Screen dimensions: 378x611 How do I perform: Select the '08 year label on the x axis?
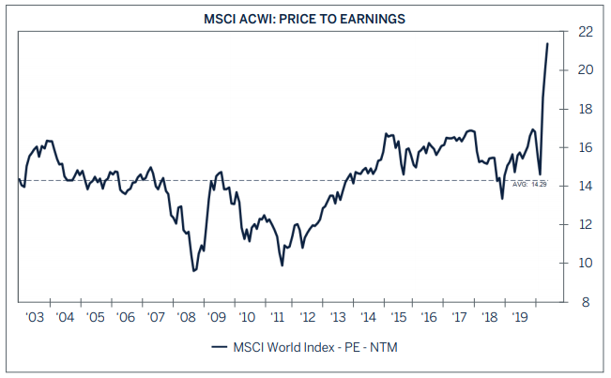coord(185,318)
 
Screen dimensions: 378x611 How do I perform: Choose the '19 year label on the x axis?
coord(519,318)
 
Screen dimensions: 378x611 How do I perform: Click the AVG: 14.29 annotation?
coord(529,185)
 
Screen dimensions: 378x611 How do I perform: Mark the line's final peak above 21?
coord(548,43)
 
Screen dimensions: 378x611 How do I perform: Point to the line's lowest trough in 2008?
coord(193,271)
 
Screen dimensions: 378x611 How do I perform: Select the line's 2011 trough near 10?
coord(283,265)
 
